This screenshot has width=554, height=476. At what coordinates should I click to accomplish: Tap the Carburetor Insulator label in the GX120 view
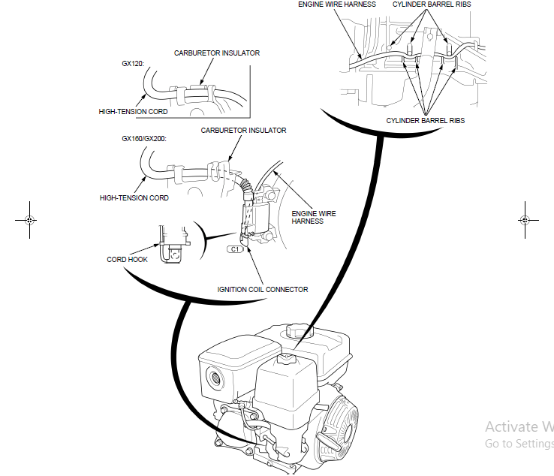[217, 53]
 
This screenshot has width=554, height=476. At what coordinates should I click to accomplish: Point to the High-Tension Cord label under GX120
[134, 112]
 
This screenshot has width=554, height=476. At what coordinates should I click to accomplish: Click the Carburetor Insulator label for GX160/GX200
[243, 131]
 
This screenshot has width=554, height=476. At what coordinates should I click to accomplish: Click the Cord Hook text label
[128, 260]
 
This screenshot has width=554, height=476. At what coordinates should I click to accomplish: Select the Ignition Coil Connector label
[263, 290]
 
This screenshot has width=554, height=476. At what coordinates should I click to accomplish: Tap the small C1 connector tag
[235, 248]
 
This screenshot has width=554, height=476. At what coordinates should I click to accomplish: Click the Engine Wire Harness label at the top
[337, 5]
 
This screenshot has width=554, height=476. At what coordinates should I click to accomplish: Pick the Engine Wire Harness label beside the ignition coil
[314, 218]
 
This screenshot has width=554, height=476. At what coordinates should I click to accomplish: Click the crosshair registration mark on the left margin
[28, 220]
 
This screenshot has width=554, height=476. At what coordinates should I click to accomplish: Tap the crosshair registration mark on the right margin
[525, 220]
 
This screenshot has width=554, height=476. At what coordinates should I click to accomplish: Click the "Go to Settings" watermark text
[519, 444]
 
